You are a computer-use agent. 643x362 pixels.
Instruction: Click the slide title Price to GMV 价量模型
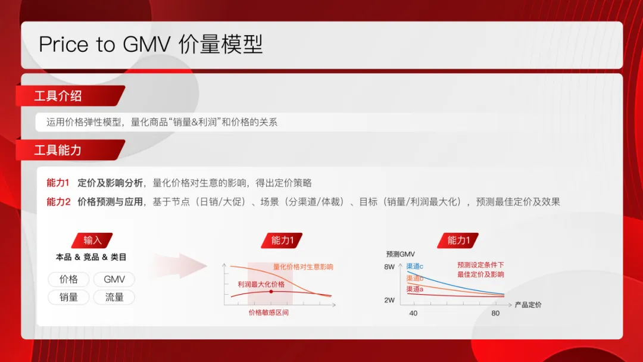click(151, 45)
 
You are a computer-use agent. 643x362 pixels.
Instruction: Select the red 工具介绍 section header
click(58, 96)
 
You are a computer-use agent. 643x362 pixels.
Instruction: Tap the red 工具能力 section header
click(58, 150)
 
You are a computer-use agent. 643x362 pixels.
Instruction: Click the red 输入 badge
click(92, 241)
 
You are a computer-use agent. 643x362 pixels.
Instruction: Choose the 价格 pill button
click(69, 279)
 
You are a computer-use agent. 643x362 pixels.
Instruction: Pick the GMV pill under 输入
click(114, 279)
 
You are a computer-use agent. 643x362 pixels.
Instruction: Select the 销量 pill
click(69, 297)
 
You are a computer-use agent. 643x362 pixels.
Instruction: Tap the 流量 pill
click(114, 297)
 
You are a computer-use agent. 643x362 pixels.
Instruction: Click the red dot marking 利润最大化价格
click(271, 292)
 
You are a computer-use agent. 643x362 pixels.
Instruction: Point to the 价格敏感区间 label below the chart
click(269, 313)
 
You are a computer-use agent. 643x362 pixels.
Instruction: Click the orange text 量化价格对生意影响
click(303, 267)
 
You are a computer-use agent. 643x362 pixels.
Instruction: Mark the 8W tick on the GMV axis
click(389, 267)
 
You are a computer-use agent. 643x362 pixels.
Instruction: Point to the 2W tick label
click(389, 300)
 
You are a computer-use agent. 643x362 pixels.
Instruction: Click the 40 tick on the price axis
click(413, 313)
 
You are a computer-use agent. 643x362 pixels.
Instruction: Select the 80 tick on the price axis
click(495, 313)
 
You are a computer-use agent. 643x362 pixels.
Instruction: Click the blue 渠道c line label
click(415, 267)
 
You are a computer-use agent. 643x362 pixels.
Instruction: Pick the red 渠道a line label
click(415, 289)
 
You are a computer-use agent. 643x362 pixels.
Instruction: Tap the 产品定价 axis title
click(528, 305)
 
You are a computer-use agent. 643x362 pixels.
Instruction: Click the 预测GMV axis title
click(400, 254)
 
